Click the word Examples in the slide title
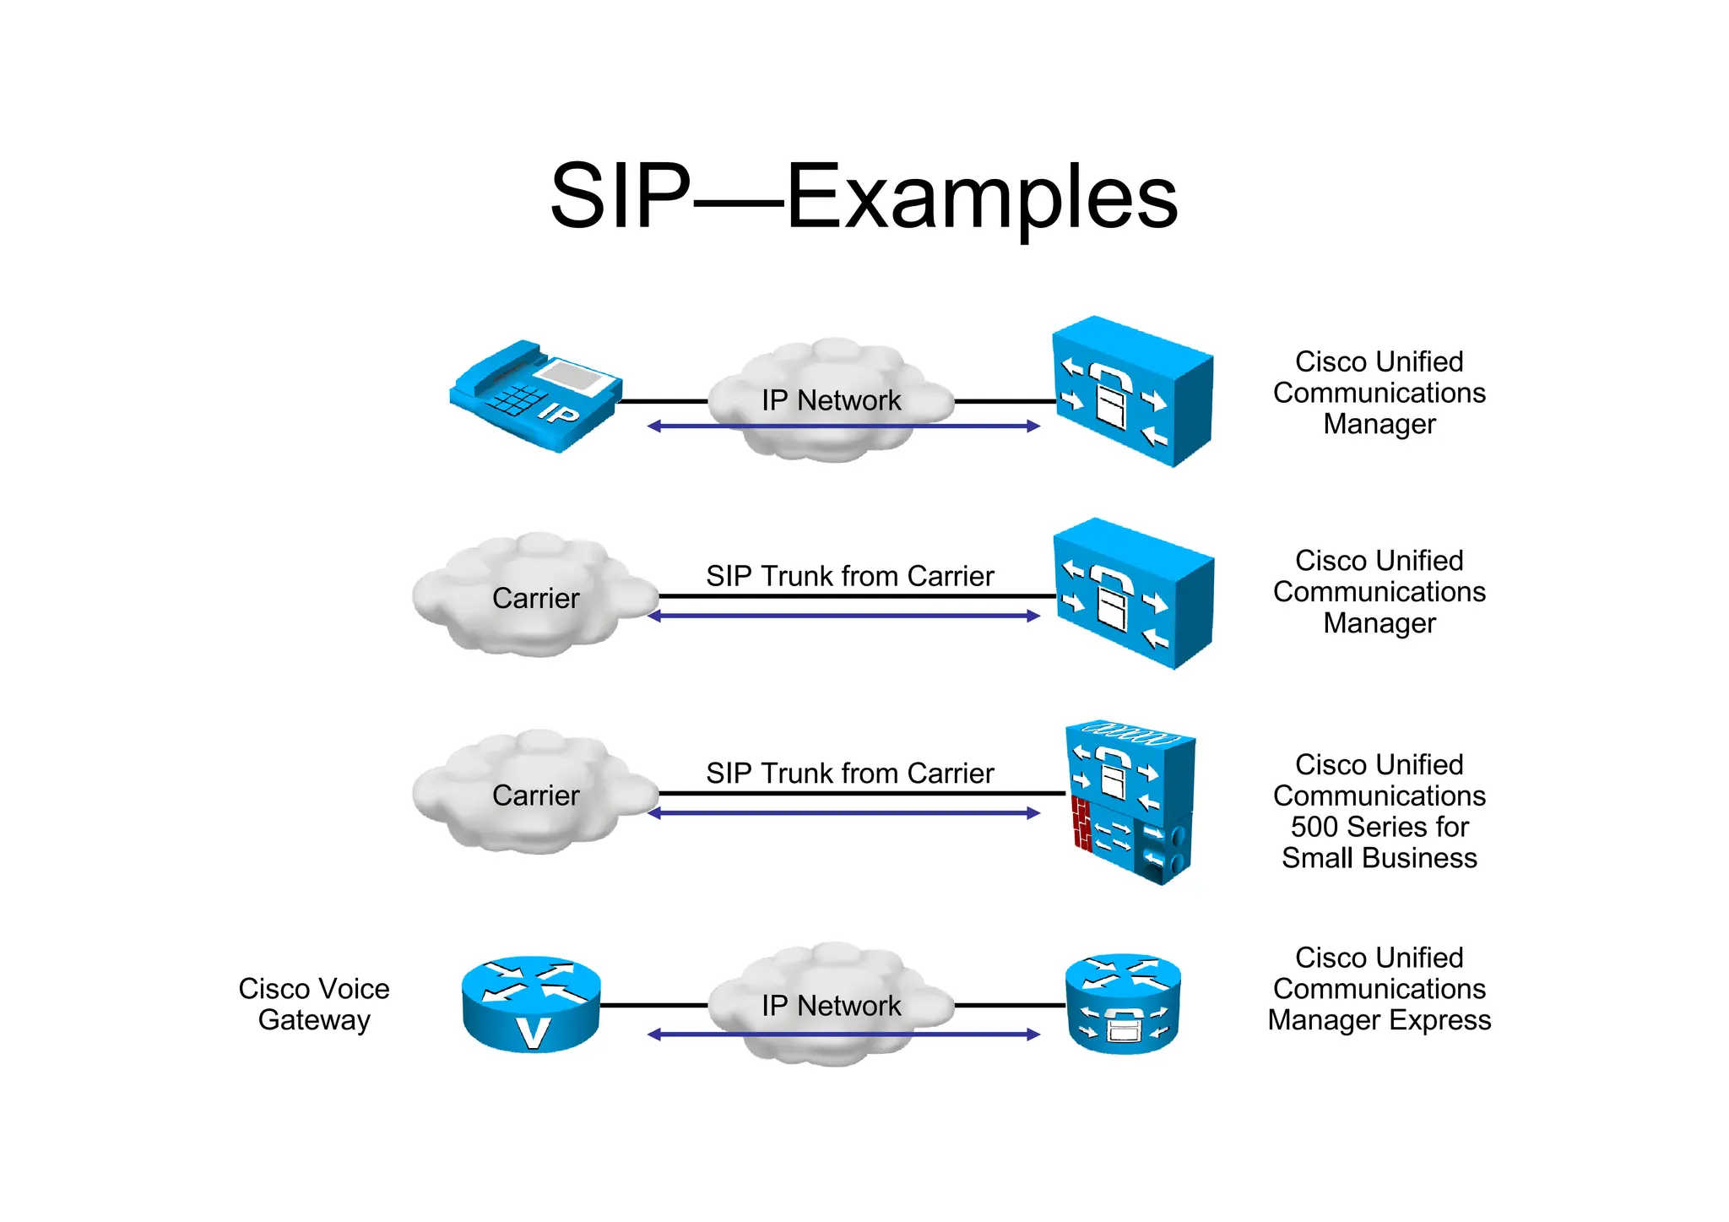[x=981, y=198]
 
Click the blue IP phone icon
[x=535, y=395]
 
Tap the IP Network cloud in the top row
[x=831, y=400]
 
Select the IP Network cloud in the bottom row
[x=831, y=1005]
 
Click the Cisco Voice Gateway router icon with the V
[x=531, y=1004]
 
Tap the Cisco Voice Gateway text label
[x=314, y=1004]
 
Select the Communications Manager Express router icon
[x=1123, y=1004]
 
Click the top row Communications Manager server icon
[x=1131, y=392]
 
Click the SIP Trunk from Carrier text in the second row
[x=849, y=576]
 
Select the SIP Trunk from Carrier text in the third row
[x=849, y=774]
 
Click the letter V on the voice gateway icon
[x=533, y=1033]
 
